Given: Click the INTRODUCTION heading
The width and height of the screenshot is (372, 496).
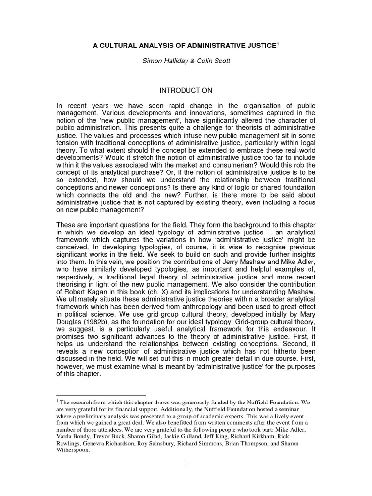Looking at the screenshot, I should [186, 91].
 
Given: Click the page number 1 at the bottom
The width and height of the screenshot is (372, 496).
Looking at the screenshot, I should [186, 463].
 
